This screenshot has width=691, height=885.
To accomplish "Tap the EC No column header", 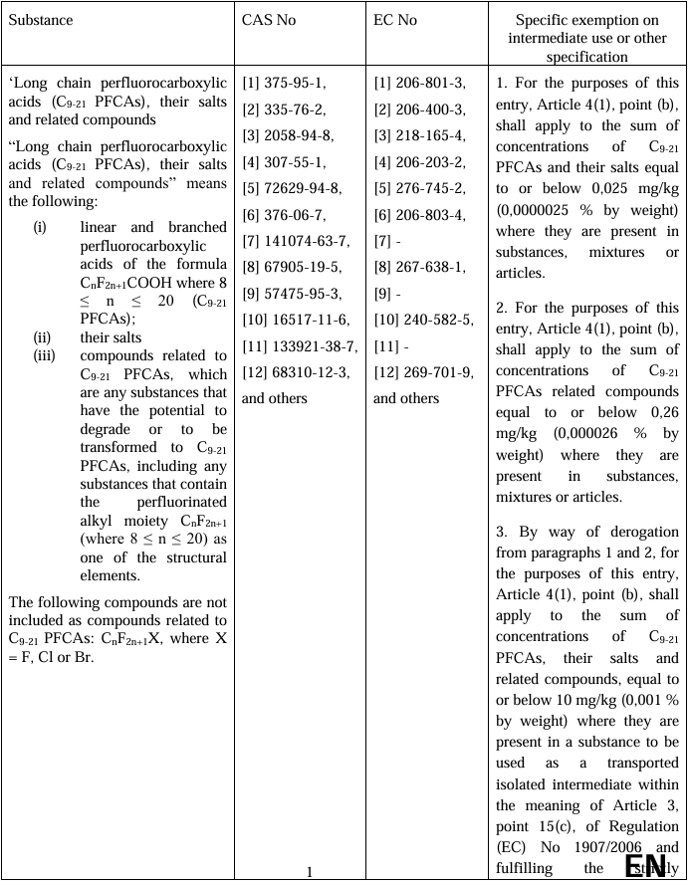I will [x=395, y=20].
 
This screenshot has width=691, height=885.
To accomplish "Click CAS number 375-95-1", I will [x=296, y=84].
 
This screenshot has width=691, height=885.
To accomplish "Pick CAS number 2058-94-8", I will [x=300, y=136].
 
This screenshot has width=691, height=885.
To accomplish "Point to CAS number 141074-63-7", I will [x=307, y=241].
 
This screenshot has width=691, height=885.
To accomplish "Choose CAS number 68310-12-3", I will [x=307, y=372].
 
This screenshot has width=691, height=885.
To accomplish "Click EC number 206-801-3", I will [x=431, y=84].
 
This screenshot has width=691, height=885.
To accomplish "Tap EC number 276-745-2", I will [x=431, y=188].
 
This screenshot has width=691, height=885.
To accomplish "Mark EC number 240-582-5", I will [x=435, y=320].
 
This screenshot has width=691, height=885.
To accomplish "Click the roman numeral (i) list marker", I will [x=40, y=227].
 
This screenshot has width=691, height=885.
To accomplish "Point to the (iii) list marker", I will [x=45, y=355].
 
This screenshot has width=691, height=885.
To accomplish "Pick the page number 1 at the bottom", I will [x=310, y=872].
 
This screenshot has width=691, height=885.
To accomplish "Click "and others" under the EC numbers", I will [x=406, y=398].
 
